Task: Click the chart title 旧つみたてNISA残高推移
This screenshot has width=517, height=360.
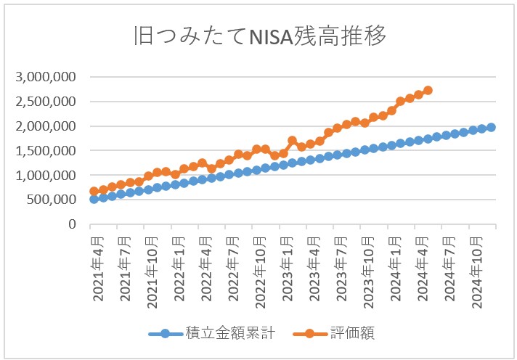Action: point(258,36)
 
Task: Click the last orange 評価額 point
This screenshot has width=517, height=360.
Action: point(428,90)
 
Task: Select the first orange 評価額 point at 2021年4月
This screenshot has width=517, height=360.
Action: point(94,192)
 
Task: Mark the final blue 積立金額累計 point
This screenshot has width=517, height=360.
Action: point(491,127)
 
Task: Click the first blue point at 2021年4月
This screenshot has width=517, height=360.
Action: point(94,199)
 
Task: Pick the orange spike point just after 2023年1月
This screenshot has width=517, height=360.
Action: point(292,141)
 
